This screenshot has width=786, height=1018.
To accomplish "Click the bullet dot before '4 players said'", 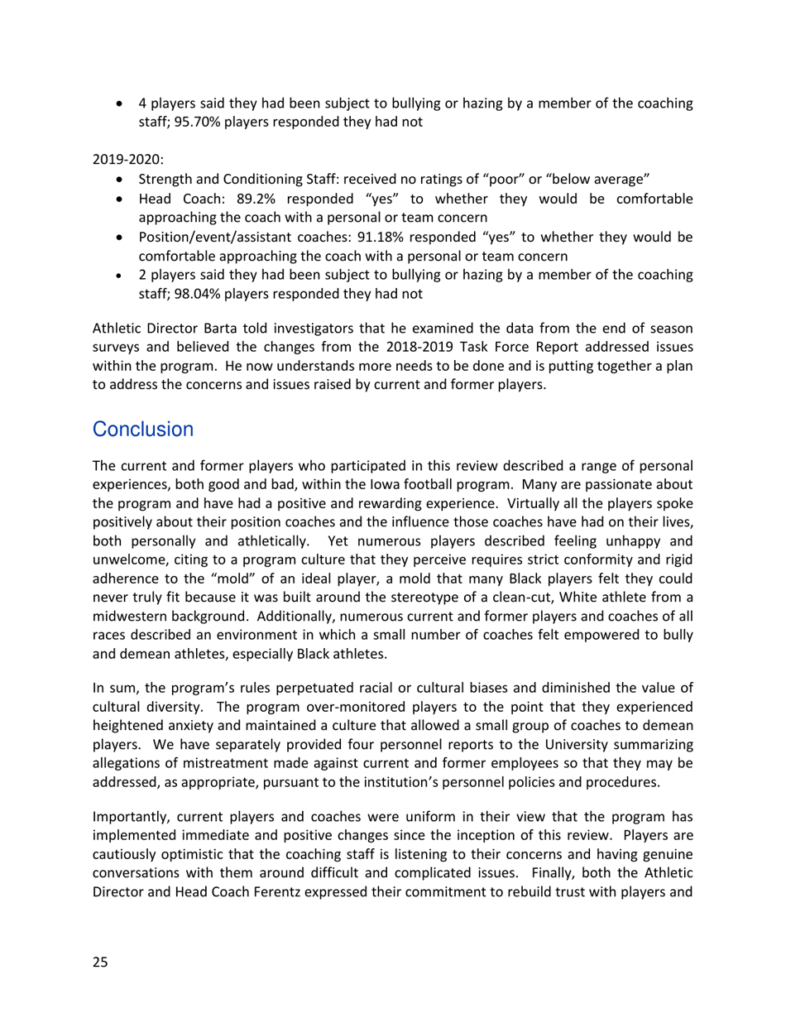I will (x=122, y=106).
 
